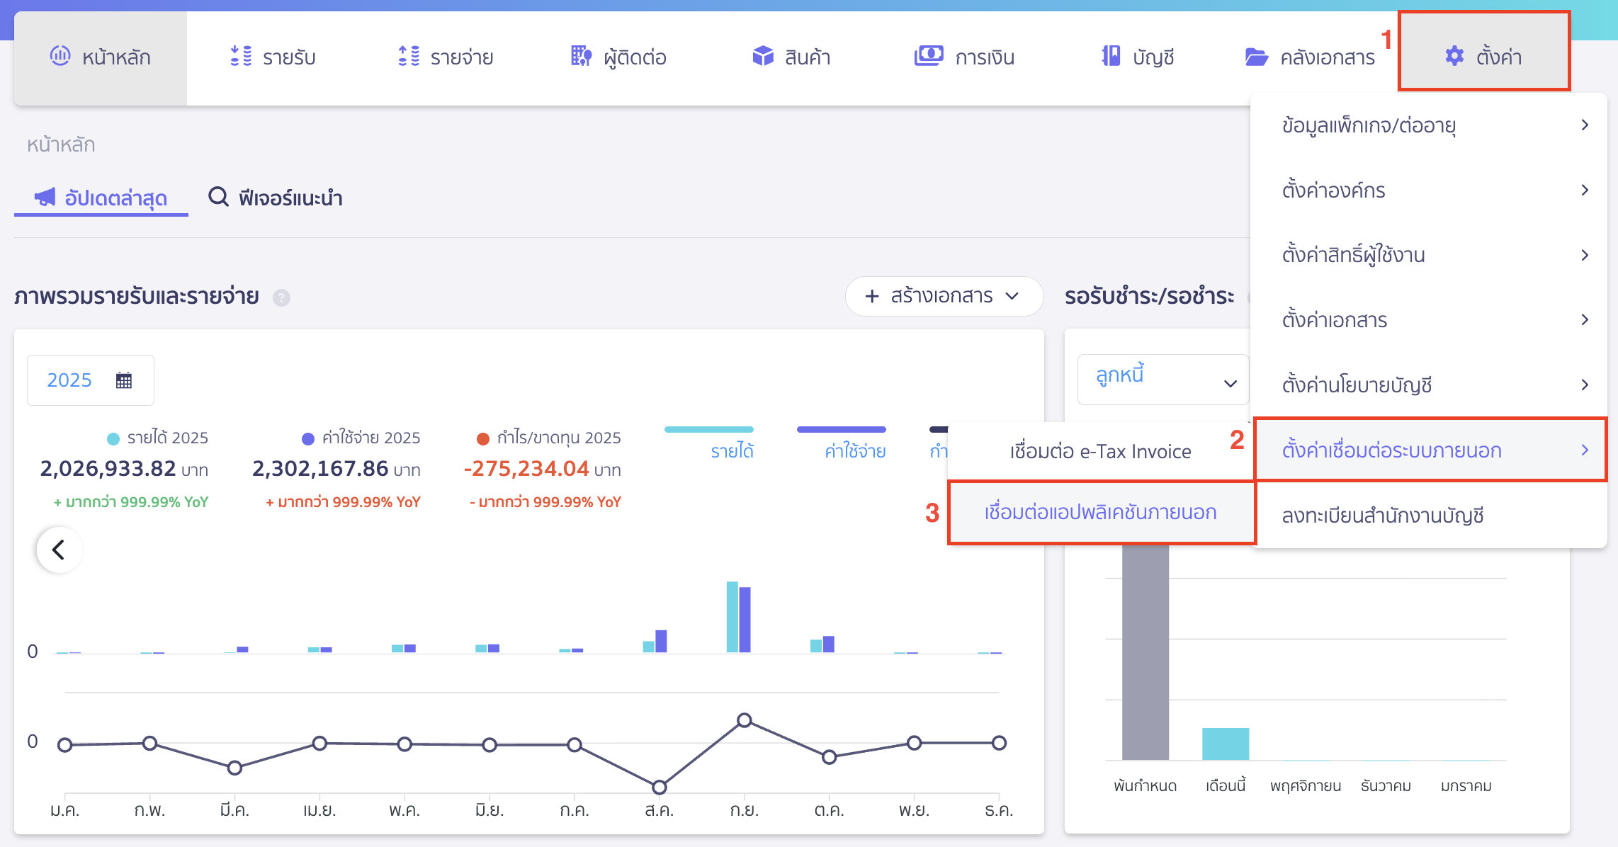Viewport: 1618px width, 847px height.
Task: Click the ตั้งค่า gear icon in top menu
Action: pos(1454,56)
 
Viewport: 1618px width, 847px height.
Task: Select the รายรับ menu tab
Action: pos(273,57)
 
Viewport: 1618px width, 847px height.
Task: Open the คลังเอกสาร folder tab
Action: pos(1310,57)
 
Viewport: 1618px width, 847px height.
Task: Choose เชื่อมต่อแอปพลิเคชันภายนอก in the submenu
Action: pos(1100,513)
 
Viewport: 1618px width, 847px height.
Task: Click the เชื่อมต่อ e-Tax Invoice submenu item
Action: pos(1100,451)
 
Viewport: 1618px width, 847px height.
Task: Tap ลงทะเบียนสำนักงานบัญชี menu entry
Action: pos(1382,516)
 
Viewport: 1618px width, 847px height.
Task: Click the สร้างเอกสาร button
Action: pos(943,296)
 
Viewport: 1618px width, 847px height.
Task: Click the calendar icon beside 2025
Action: pos(124,380)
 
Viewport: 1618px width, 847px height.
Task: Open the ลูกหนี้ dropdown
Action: pos(1162,380)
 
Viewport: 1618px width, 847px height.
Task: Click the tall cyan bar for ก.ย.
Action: pos(732,616)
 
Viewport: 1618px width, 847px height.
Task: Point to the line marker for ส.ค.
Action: pos(659,787)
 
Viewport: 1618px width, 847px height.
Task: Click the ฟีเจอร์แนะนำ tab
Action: pos(276,198)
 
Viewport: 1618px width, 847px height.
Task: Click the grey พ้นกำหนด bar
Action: pos(1145,652)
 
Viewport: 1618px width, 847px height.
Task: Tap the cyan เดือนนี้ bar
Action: pos(1225,744)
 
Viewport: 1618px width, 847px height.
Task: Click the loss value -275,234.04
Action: pos(526,469)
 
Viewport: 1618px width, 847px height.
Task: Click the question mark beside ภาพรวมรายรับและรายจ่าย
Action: pos(281,297)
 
